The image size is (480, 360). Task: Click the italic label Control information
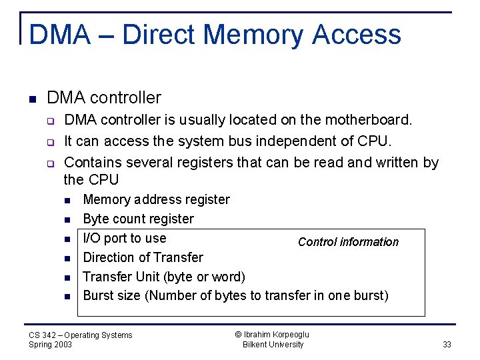click(348, 242)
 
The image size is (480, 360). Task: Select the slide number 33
click(447, 345)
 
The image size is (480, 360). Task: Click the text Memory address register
click(156, 199)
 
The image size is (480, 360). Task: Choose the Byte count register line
click(138, 219)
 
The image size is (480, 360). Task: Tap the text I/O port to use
click(124, 238)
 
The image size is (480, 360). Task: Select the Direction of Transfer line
click(143, 257)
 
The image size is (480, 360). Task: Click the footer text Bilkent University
click(273, 345)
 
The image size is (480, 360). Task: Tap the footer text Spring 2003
click(51, 345)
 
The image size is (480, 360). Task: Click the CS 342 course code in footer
click(43, 335)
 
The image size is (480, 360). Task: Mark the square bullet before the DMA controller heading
click(32, 99)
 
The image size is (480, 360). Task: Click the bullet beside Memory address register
click(68, 200)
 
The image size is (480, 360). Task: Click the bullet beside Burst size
click(68, 296)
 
